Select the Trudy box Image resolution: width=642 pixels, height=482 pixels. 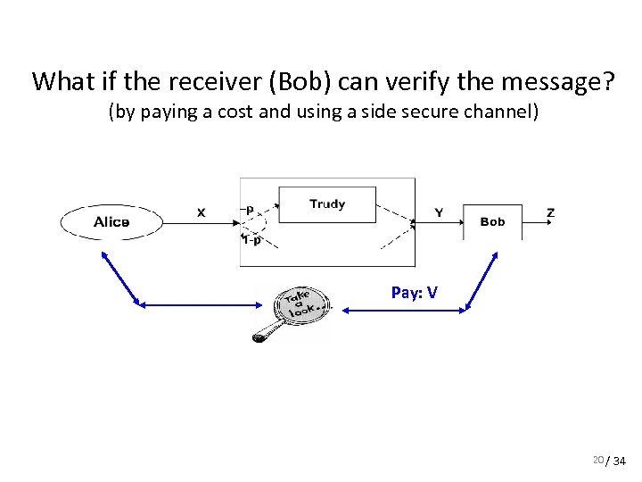pos(327,204)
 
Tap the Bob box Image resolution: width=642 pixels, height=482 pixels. pos(492,221)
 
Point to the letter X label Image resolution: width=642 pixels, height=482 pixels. pos(201,212)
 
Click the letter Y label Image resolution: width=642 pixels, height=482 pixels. pos(439,212)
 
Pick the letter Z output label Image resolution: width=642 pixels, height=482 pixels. pos(550,212)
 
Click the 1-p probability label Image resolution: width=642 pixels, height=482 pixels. pos(252,239)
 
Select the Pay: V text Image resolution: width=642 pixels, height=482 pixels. pos(415,292)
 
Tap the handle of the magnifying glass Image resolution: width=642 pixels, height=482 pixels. pos(264,337)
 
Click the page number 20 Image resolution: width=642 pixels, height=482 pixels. pos(597,459)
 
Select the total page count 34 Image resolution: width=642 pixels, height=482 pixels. pos(619,461)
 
